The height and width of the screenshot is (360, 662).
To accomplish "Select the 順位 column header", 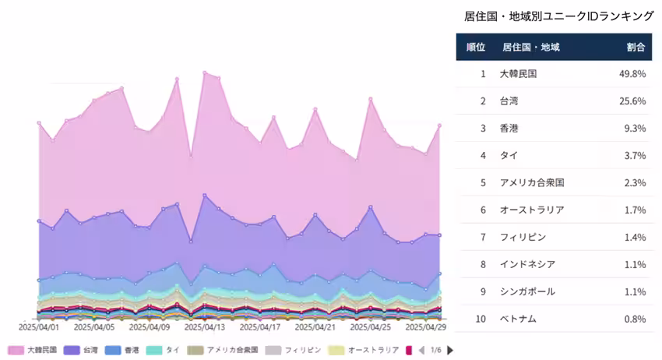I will coord(475,47).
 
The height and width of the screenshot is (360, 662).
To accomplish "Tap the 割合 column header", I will coord(636,47).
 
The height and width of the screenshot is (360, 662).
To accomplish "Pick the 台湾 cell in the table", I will coord(509,101).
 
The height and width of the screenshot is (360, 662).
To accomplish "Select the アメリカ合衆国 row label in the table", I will coord(532,183).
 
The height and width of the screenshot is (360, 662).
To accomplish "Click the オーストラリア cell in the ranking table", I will coord(532,210).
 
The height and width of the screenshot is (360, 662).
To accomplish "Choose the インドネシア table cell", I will coord(527,265).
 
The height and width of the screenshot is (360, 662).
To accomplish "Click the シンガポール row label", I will coord(527,292).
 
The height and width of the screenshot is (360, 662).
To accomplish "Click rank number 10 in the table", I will coord(482,319).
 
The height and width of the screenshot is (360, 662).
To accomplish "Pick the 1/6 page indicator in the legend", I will coord(435,351).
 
